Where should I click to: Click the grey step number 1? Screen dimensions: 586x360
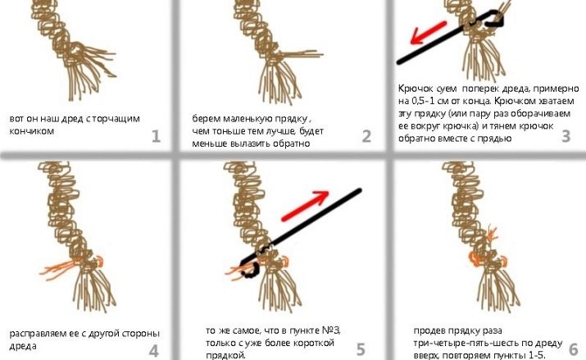coord(157,136)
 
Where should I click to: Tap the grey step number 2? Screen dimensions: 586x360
coord(366,136)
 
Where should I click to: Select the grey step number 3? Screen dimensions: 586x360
coord(566,136)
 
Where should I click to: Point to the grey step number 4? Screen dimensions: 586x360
coord(153,351)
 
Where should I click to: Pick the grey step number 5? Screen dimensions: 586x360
coord(361,349)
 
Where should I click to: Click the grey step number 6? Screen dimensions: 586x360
coord(573,349)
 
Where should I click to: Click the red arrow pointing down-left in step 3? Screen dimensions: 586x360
coord(429,32)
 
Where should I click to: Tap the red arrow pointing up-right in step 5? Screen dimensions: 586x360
coord(305,206)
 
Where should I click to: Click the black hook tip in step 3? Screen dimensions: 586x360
coord(497,21)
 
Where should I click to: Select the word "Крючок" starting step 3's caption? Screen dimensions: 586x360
coord(416,89)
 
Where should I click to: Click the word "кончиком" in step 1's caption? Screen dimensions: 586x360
coord(31,131)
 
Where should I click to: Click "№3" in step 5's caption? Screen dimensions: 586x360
coord(331,330)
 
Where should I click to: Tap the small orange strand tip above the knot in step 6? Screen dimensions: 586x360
coord(493,232)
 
